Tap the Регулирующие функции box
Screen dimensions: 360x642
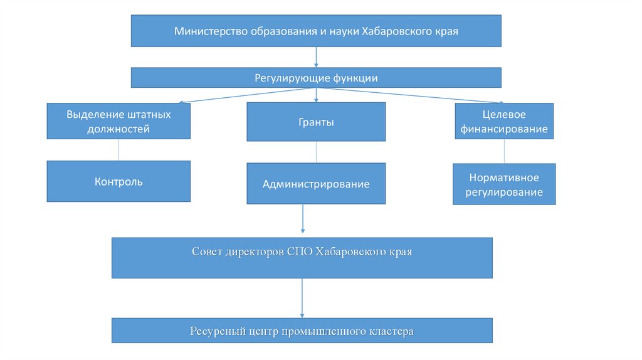(316, 78)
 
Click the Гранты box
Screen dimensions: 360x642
(316, 122)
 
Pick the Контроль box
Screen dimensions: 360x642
(118, 182)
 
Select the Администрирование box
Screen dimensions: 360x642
(316, 184)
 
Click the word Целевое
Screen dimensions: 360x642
(504, 115)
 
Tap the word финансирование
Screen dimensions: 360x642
(504, 129)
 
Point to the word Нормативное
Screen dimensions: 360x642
(504, 178)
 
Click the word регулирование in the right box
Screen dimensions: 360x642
(504, 193)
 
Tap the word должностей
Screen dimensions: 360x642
(118, 129)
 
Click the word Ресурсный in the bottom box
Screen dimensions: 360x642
(214, 331)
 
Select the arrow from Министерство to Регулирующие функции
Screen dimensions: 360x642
(316, 57)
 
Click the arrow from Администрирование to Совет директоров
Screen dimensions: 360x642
(303, 220)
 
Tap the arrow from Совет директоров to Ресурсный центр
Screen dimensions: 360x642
(302, 298)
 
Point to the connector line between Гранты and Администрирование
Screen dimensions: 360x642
(316, 152)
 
